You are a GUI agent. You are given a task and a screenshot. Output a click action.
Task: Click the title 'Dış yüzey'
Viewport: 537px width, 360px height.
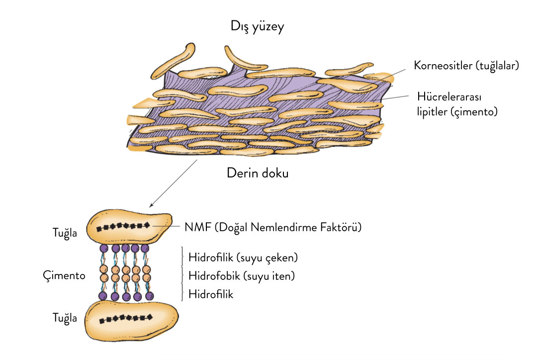click(257, 26)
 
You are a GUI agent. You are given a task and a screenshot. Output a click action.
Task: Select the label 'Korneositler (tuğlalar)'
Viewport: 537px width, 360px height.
click(466, 66)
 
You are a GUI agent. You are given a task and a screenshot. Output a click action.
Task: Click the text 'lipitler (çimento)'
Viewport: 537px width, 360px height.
click(457, 112)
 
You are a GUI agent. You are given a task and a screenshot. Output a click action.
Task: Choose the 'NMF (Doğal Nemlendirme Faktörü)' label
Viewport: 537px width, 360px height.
click(272, 227)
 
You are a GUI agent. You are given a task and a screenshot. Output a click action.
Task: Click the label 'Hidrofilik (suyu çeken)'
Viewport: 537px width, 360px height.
click(243, 258)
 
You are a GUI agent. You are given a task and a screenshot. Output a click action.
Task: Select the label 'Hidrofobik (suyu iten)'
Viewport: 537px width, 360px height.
click(242, 275)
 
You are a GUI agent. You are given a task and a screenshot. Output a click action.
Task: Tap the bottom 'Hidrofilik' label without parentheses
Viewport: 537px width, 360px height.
click(211, 294)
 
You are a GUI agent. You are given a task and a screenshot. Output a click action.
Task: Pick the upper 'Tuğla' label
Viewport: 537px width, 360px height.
click(65, 232)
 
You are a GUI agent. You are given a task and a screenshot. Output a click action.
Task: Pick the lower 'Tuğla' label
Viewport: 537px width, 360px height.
click(65, 318)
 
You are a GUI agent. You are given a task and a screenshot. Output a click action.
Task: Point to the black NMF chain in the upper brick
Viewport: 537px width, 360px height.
click(124, 227)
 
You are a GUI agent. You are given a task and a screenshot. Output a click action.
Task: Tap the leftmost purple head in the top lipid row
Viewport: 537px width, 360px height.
click(104, 248)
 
